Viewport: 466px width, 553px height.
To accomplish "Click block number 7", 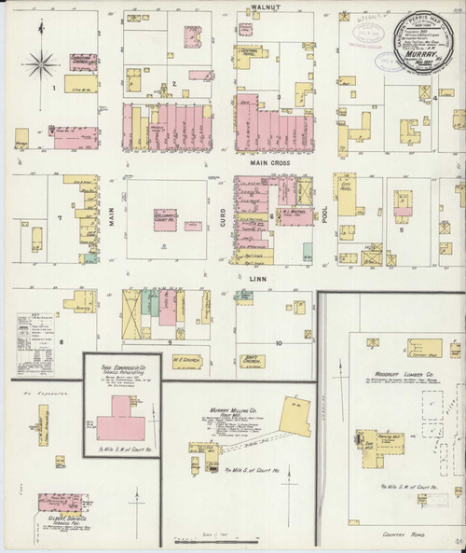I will pyautogui.click(x=60, y=217).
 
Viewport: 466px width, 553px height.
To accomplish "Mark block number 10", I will pyautogui.click(x=279, y=342).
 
